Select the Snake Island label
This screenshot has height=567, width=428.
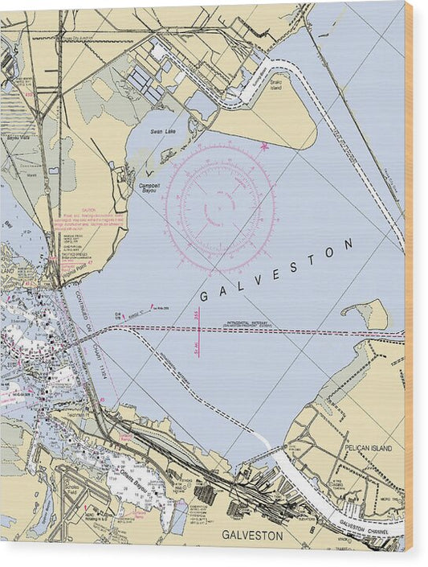coord(275,83)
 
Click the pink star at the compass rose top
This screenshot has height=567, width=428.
coord(265,146)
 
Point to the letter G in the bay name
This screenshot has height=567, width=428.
coord(203,297)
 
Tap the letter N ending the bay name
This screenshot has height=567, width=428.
coord(349,242)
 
